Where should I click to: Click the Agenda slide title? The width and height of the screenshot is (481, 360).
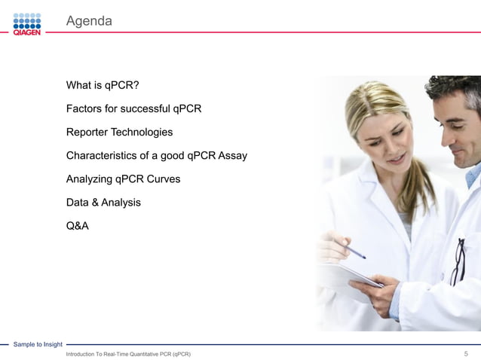[x=89, y=21]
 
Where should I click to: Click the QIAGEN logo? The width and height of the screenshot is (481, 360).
[x=27, y=23]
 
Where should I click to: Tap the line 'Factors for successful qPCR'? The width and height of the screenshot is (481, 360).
[x=133, y=108]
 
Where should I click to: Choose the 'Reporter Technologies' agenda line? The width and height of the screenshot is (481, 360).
[x=119, y=132]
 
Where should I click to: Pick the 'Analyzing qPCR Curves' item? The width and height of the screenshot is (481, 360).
[x=123, y=179]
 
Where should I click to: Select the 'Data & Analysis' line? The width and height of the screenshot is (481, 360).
[x=103, y=202]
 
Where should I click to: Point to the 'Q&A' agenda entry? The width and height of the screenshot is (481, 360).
[x=78, y=225]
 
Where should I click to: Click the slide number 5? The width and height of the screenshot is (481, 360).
[x=466, y=353]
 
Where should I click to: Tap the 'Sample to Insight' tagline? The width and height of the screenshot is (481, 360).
[x=38, y=344]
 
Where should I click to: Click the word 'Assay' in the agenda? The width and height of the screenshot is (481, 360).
[x=232, y=155]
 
